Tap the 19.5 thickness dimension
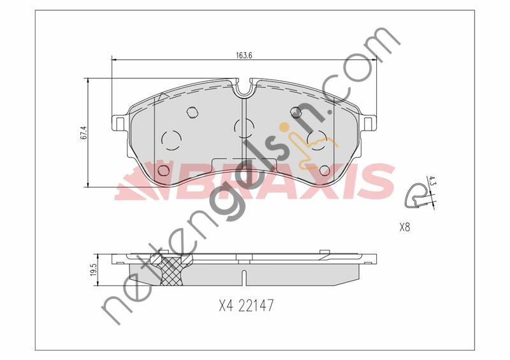pyautogui.click(x=93, y=271)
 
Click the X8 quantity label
pyautogui.click(x=404, y=227)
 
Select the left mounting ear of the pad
pyautogui.click(x=119, y=121)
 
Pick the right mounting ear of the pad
pyautogui.click(x=369, y=121)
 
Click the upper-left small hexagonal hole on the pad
pyautogui.click(x=193, y=113)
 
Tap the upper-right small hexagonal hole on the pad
pyautogui.click(x=295, y=113)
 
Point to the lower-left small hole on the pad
pyautogui.click(x=163, y=170)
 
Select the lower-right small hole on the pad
pyautogui.click(x=324, y=170)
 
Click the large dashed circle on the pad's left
pyautogui.click(x=171, y=139)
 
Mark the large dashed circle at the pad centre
pyautogui.click(x=244, y=128)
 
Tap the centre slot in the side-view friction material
pyautogui.click(x=244, y=278)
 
